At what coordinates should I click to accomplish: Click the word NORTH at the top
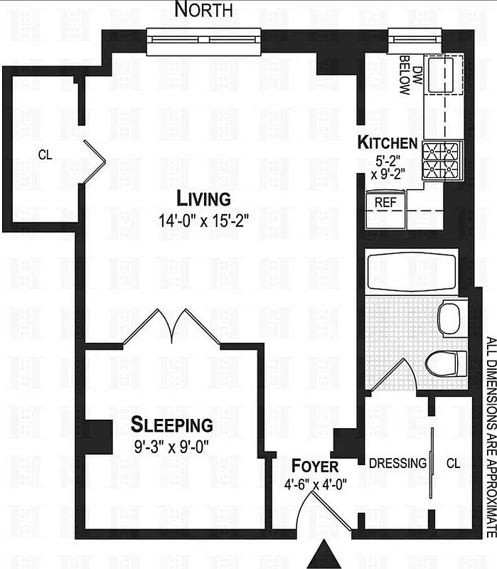(204, 10)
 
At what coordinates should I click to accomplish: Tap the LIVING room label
(204, 198)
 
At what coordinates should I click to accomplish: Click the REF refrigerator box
(385, 202)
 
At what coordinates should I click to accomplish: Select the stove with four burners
(439, 160)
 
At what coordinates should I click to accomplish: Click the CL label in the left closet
(44, 155)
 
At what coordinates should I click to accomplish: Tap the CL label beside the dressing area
(453, 463)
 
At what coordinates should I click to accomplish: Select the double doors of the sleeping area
(171, 326)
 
